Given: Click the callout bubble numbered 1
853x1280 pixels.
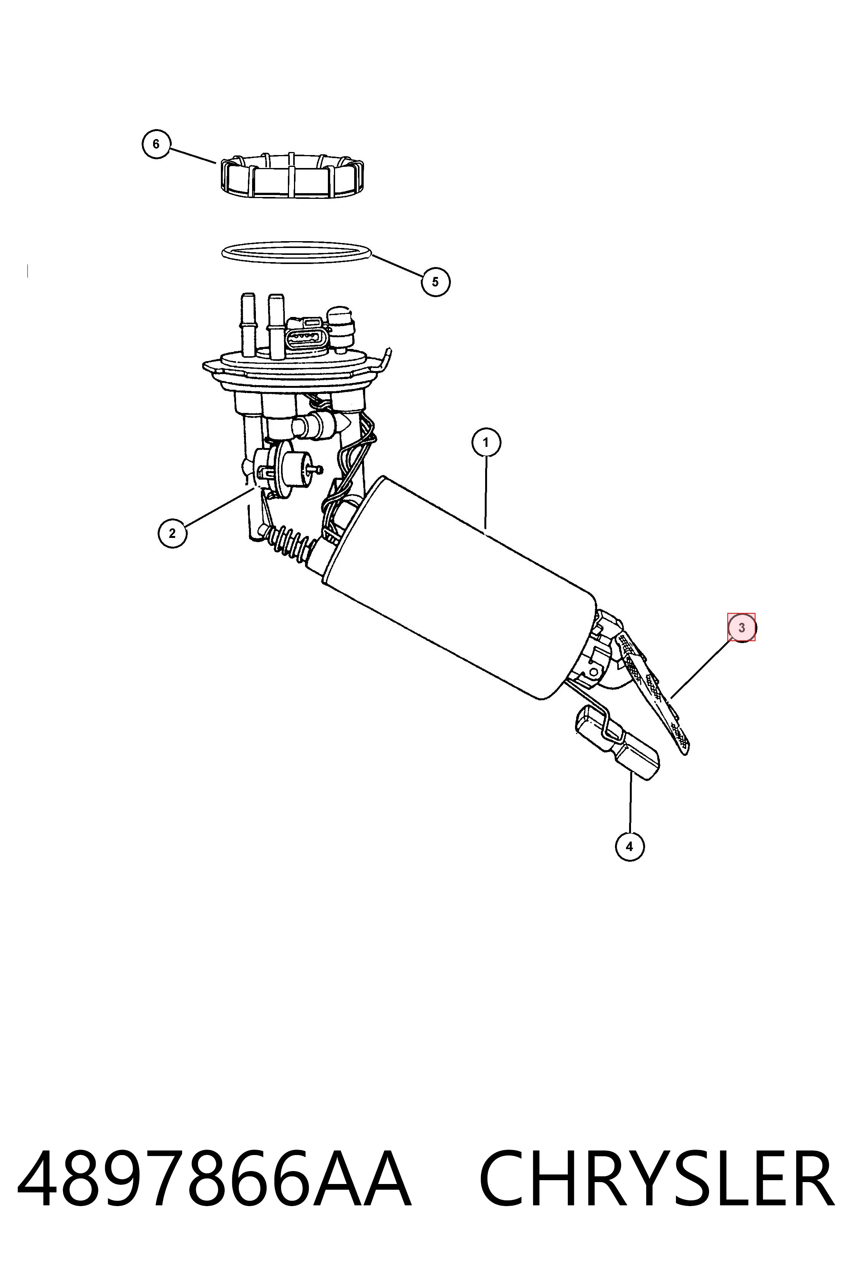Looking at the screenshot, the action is (486, 442).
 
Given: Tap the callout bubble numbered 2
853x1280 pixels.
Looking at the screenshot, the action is (173, 533).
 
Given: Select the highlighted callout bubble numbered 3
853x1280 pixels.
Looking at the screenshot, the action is (741, 627).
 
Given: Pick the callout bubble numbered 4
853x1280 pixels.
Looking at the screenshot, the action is (629, 846).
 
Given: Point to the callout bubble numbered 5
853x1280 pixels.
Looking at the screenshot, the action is (435, 282).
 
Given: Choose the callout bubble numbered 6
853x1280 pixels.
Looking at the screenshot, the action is (156, 144).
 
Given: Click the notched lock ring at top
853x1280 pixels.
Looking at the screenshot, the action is (292, 175).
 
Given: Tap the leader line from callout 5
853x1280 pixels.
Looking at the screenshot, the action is (398, 266).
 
